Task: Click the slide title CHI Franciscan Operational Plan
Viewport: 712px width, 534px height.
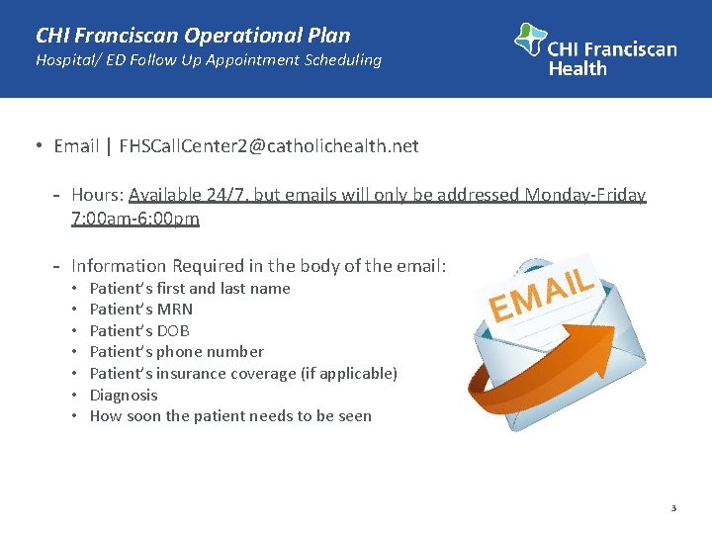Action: (x=193, y=36)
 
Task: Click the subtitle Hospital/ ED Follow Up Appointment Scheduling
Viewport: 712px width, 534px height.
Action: (x=208, y=60)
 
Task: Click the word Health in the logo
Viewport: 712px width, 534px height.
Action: (x=578, y=68)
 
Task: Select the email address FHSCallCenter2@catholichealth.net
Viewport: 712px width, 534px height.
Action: (x=268, y=146)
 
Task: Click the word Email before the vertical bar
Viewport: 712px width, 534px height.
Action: (x=76, y=146)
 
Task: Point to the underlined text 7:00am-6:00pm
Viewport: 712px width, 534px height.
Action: (x=135, y=218)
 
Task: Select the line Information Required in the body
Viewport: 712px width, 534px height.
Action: (x=259, y=265)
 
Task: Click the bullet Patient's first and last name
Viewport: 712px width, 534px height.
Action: (x=190, y=289)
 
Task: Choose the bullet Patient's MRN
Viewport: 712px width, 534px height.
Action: (x=141, y=310)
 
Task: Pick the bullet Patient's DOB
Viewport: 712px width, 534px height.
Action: (x=139, y=331)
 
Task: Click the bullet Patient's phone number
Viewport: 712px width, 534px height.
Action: (x=177, y=352)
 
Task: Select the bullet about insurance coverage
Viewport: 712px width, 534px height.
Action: (x=243, y=374)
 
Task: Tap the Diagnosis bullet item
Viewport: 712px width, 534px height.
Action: (x=124, y=395)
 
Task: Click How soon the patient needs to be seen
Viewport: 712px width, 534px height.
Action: (x=230, y=416)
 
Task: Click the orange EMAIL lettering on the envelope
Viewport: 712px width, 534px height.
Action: (x=541, y=293)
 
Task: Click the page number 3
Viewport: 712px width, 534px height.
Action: (x=673, y=508)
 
